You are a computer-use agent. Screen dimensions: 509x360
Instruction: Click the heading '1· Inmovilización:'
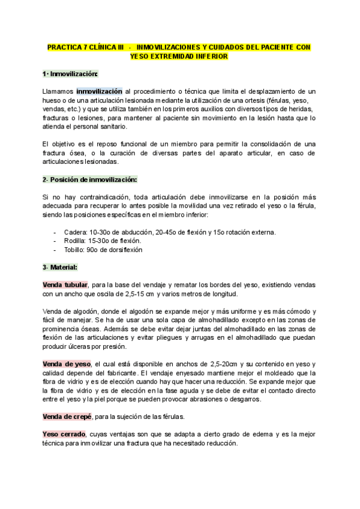click(70, 74)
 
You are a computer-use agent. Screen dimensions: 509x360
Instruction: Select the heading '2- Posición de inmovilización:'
click(90, 179)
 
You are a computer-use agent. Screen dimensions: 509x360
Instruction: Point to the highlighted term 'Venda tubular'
click(65, 285)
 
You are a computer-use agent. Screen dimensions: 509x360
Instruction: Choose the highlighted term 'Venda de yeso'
click(66, 364)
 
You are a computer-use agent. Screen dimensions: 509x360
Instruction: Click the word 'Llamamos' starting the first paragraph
click(59, 91)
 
